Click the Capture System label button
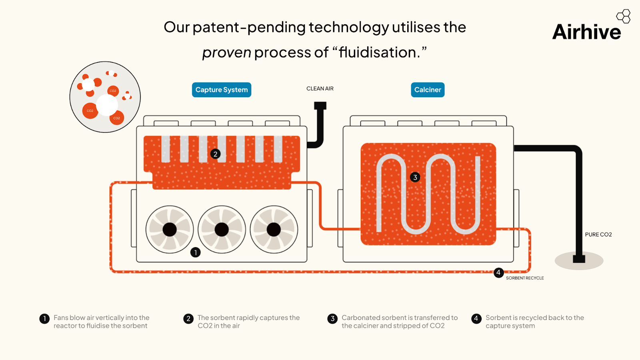pos(222,90)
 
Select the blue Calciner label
pos(428,90)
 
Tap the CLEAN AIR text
pos(320,89)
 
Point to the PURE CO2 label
pos(598,235)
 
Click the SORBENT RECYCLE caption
pos(525,278)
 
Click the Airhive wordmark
pos(586,32)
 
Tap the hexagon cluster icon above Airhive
pos(623,16)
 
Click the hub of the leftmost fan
pos(170,230)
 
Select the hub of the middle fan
pos(222,230)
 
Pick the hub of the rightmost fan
pos(274,230)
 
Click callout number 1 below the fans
pos(195,252)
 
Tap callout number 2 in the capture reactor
pos(215,154)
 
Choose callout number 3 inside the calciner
pos(415,177)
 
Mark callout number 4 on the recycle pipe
pos(498,273)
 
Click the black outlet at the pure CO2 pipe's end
pos(579,258)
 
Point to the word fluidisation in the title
pos(378,52)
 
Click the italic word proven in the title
pos(226,52)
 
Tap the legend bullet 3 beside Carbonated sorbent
pos(332,318)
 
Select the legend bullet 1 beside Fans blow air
pos(44,318)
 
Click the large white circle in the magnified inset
pos(107,105)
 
